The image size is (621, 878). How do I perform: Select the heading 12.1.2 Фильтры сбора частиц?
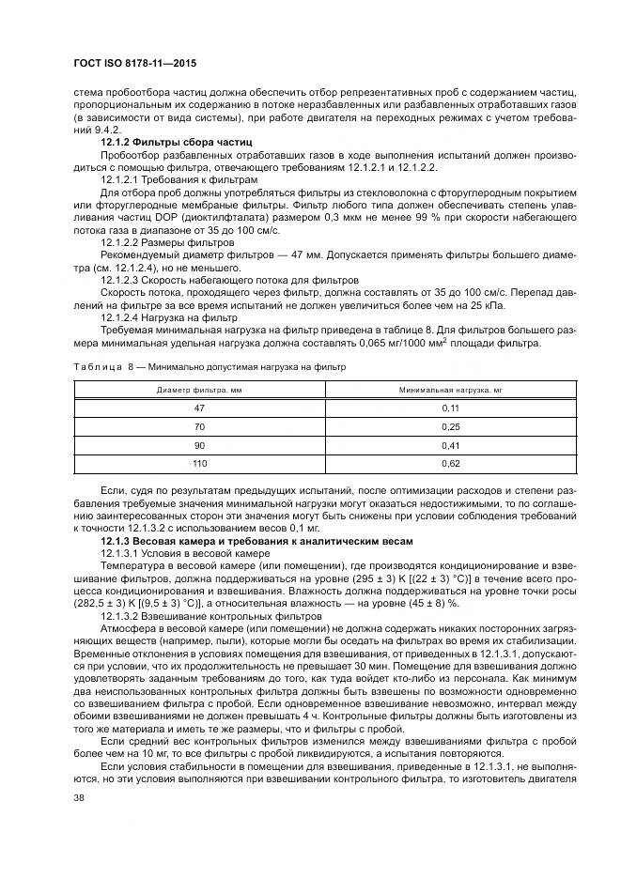coord(166,140)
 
